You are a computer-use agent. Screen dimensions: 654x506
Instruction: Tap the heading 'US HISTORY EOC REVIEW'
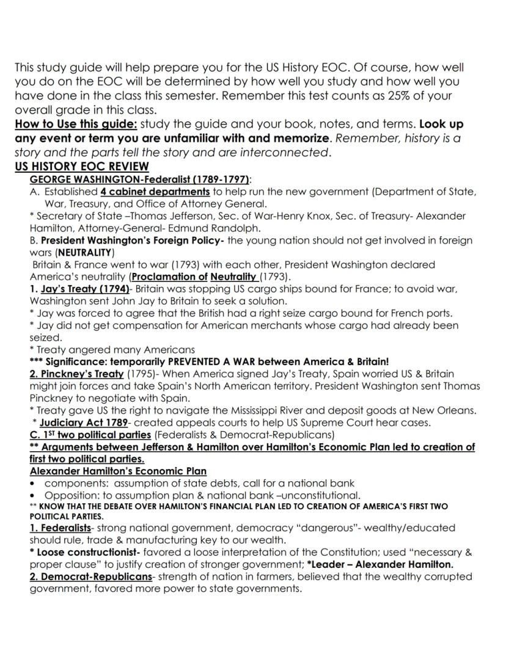coord(81,167)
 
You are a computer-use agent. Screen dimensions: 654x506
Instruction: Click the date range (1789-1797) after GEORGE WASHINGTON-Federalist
coord(218,180)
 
